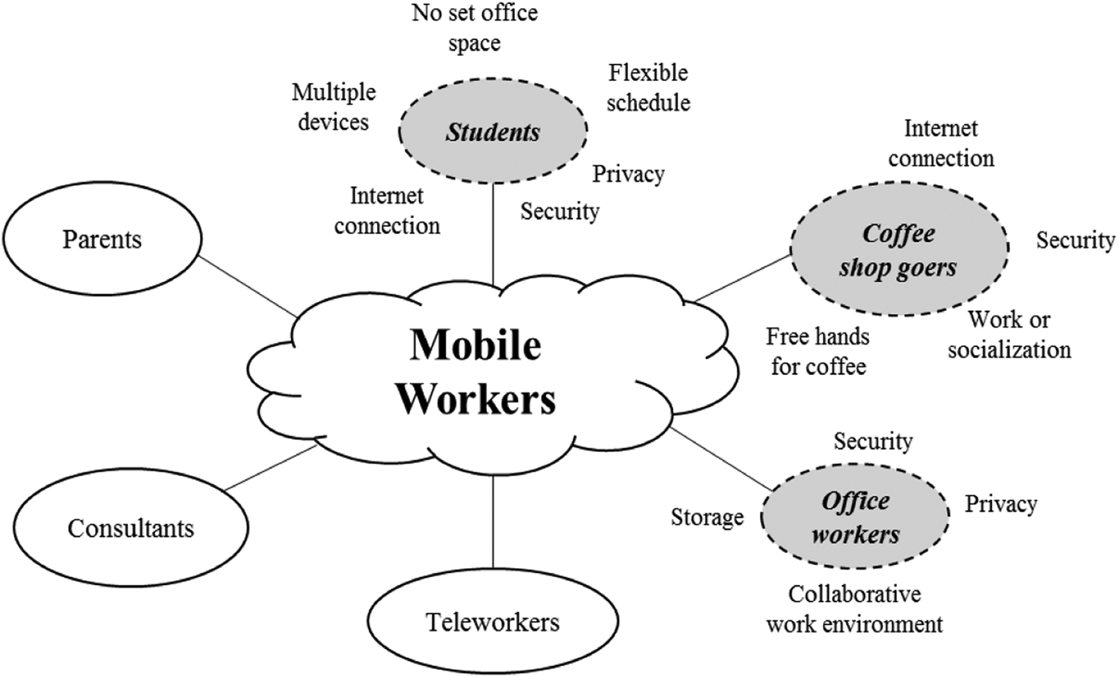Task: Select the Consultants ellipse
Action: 130,528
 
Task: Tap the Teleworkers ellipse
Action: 492,621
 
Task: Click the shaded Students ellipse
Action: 492,133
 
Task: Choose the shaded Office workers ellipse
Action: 855,518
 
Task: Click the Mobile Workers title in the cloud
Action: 476,372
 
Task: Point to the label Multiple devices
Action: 333,107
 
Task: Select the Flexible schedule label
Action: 648,88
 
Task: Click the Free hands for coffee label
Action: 816,351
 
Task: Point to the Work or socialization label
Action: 1009,335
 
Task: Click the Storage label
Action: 707,518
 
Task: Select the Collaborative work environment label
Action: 854,609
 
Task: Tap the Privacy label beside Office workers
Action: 1001,504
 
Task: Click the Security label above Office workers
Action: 873,440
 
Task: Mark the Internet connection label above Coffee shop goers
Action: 941,143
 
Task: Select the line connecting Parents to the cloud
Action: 248,286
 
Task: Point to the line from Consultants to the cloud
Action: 272,468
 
